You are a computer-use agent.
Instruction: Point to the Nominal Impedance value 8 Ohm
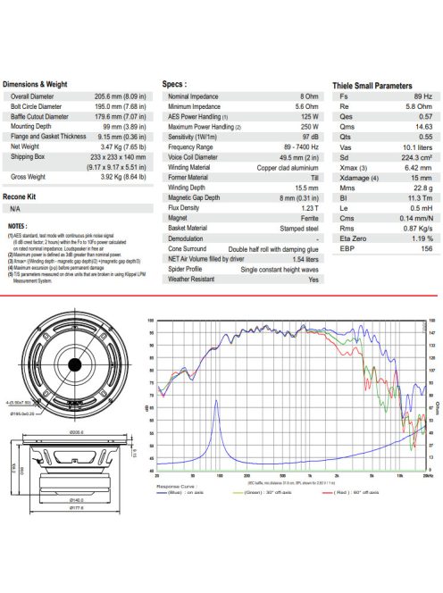[305, 95]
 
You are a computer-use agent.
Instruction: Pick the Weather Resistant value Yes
[313, 279]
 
